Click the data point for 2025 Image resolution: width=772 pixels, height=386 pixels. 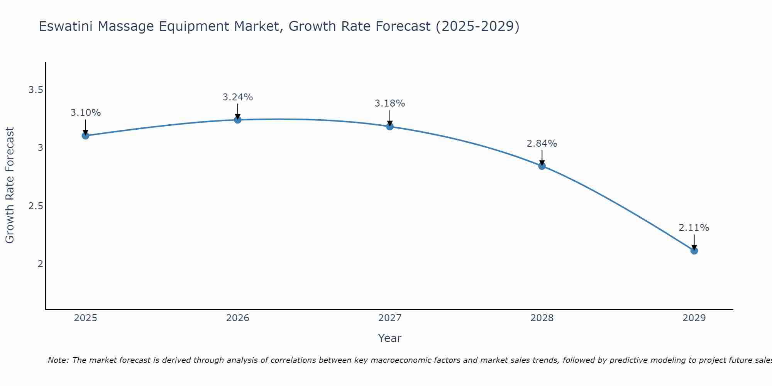[x=86, y=135]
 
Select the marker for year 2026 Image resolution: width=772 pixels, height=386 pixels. [x=238, y=120]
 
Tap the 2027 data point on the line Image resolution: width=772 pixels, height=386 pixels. [x=390, y=126]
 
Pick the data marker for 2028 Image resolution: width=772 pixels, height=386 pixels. [x=542, y=166]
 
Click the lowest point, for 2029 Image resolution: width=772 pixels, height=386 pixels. [x=694, y=251]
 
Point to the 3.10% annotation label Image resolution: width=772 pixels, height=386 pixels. [x=86, y=113]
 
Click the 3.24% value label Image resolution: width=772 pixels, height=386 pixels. [x=238, y=97]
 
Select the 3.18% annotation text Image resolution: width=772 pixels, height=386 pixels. [x=390, y=103]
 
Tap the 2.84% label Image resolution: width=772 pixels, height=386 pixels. [x=542, y=144]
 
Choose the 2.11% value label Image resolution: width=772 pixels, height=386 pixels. [x=694, y=228]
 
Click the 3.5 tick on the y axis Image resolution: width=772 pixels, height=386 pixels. [x=36, y=90]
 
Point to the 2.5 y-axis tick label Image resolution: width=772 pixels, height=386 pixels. [x=36, y=206]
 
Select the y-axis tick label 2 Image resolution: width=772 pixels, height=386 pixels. [x=40, y=264]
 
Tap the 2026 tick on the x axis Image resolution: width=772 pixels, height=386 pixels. [x=238, y=318]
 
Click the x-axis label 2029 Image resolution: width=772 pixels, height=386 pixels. [x=694, y=318]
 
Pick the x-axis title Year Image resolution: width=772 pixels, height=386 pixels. [x=390, y=338]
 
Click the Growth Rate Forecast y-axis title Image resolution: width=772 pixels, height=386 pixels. [x=10, y=185]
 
